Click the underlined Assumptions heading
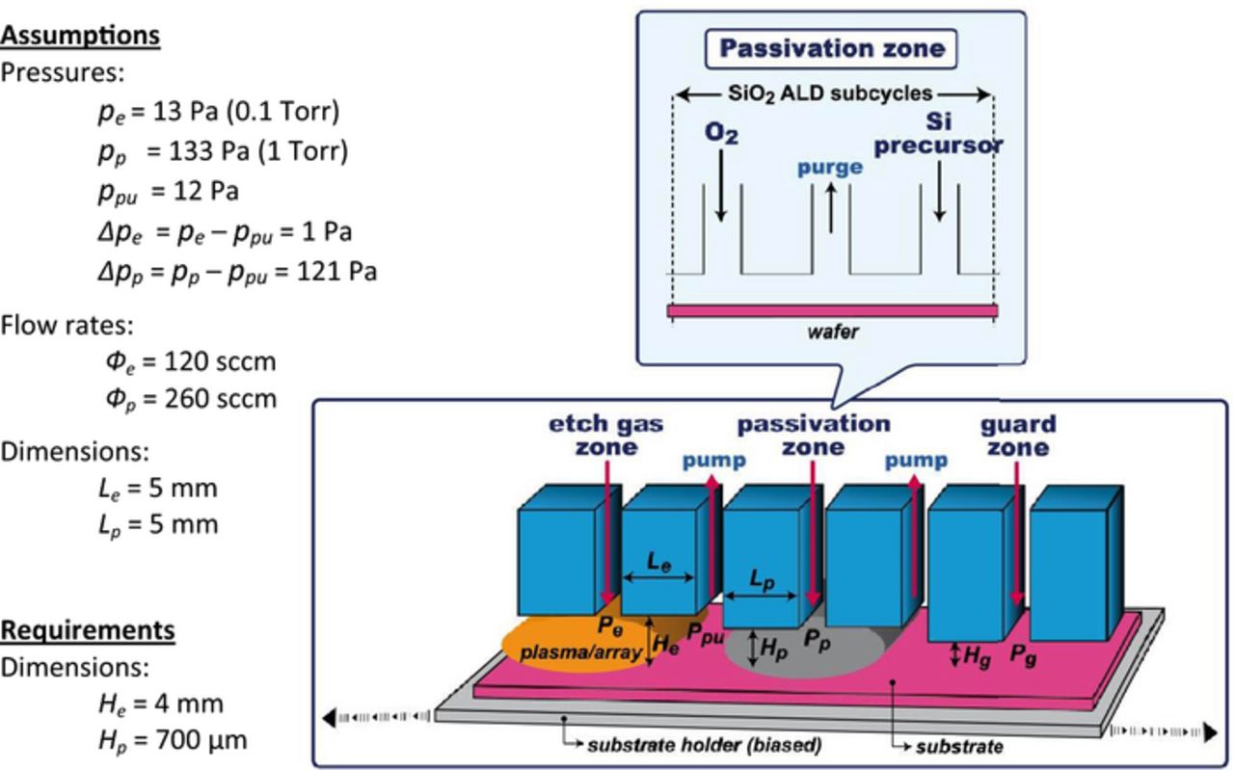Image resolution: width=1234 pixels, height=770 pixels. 80,36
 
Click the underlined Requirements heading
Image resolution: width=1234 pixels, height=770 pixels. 88,630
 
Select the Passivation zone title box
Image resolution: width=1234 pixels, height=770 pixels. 832,48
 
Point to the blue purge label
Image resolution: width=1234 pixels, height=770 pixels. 829,167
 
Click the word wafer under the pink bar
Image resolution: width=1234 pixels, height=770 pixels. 833,332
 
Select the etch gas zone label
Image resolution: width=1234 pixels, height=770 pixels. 606,436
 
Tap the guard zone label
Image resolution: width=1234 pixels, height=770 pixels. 1018,436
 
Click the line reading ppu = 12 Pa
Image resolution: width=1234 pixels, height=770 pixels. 166,192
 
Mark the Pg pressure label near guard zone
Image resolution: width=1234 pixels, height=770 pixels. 1024,652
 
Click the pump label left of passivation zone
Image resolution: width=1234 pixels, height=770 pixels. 713,461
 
